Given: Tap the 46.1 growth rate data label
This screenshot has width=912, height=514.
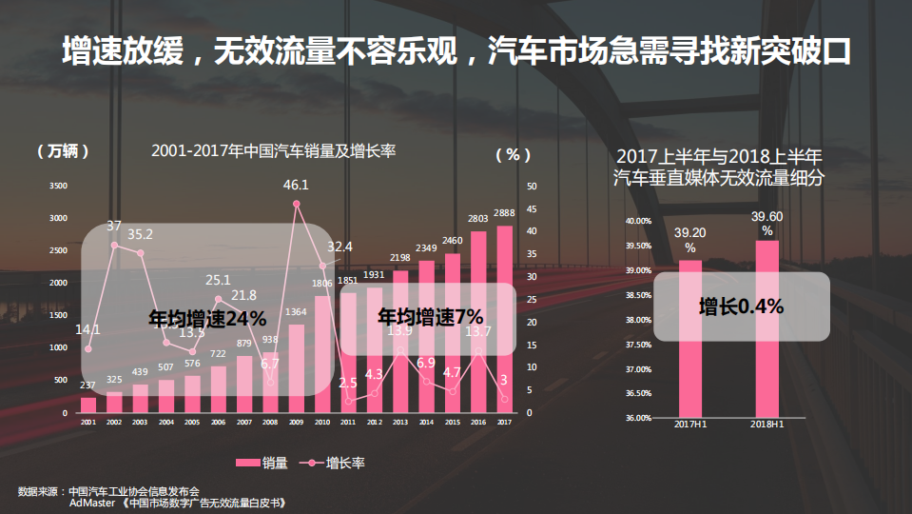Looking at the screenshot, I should pyautogui.click(x=297, y=185).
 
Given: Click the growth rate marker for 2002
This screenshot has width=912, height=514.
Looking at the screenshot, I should pyautogui.click(x=114, y=246).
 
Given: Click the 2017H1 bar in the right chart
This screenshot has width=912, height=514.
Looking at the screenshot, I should pyautogui.click(x=689, y=338).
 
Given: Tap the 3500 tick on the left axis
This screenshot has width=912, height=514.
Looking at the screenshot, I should pyautogui.click(x=60, y=186).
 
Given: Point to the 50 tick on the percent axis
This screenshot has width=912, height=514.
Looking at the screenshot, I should pyautogui.click(x=532, y=186).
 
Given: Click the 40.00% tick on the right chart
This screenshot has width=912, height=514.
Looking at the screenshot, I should pyautogui.click(x=638, y=221).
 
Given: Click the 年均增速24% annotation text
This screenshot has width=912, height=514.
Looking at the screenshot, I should pyautogui.click(x=207, y=318).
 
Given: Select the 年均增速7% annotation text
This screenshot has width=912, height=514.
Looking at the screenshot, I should pyautogui.click(x=431, y=316).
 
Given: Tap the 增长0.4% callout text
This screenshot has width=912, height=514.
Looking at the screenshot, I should pyautogui.click(x=741, y=306).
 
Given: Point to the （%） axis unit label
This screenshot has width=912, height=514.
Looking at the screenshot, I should pyautogui.click(x=514, y=152).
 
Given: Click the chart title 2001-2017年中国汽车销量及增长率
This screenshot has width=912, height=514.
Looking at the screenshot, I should pyautogui.click(x=273, y=150).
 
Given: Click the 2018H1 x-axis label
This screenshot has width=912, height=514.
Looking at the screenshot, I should pyautogui.click(x=766, y=424).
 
